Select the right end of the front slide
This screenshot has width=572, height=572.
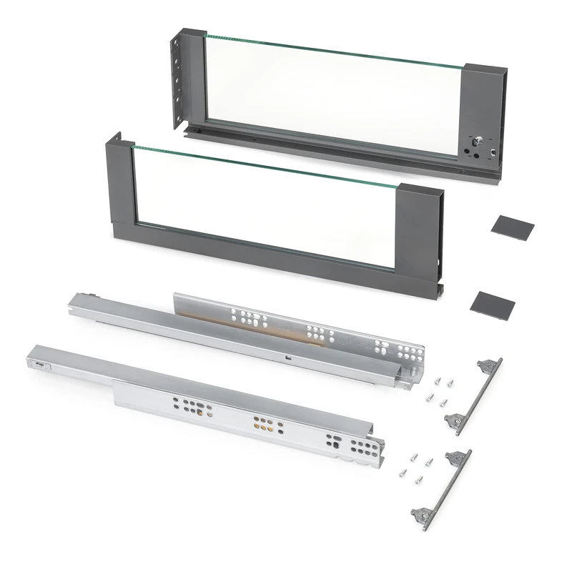pyautogui.click(x=375, y=458)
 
